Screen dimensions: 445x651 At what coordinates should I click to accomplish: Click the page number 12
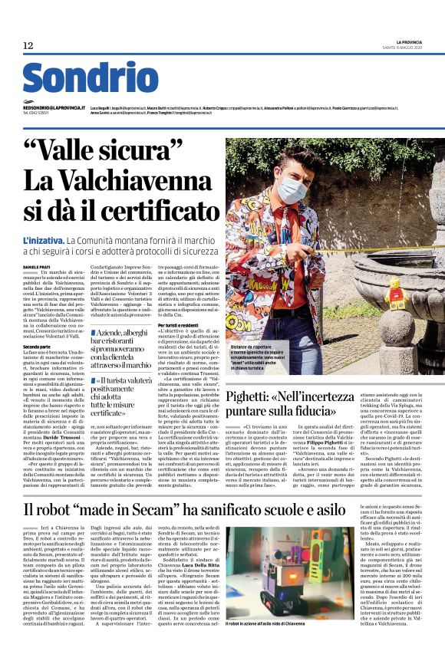point(28,45)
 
